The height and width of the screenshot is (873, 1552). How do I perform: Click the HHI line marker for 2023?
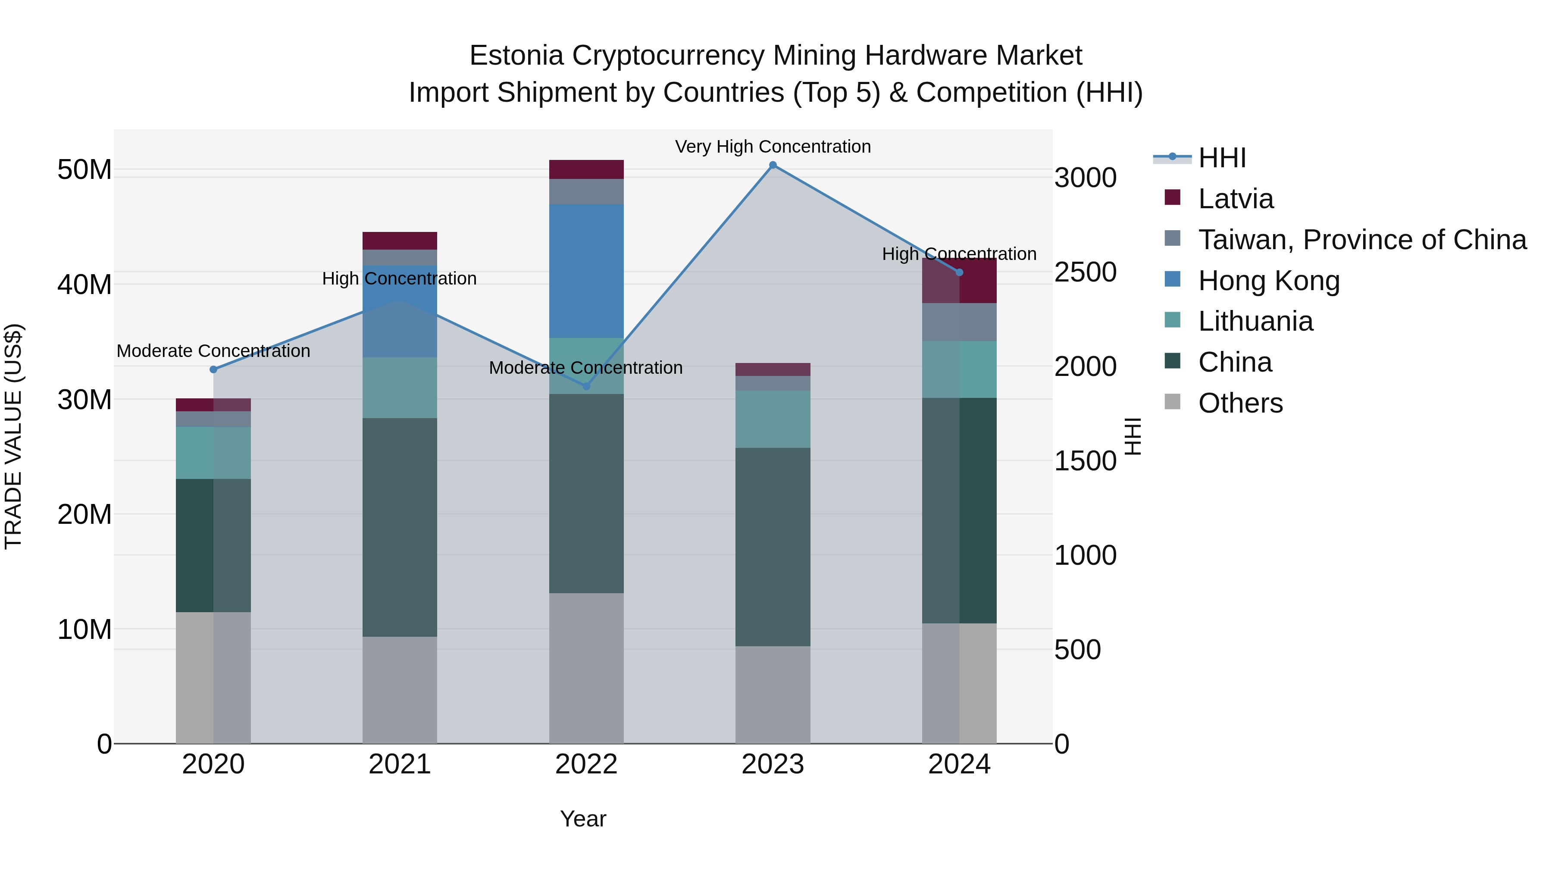773,165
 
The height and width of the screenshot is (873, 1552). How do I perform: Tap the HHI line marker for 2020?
213,369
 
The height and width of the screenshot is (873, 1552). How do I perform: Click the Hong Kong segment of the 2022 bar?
586,271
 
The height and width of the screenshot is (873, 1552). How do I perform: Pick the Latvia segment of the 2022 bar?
586,169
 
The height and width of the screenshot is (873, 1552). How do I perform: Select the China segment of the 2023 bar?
773,547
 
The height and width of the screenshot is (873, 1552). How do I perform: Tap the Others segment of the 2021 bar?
400,690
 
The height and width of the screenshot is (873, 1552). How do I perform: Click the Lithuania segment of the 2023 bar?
773,419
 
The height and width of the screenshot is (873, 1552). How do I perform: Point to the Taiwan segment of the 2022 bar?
586,191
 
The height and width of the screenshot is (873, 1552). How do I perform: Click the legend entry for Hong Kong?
1269,281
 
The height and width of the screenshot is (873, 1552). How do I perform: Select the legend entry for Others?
1240,403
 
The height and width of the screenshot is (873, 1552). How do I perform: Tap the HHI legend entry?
1222,158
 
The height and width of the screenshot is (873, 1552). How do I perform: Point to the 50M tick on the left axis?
84,170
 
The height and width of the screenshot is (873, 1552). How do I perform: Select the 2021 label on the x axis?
400,764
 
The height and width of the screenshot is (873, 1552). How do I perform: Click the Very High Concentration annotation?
773,147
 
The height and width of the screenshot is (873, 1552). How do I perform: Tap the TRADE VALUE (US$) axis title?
13,436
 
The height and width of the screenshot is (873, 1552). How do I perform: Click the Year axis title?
582,819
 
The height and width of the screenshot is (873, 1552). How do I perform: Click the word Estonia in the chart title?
516,56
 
